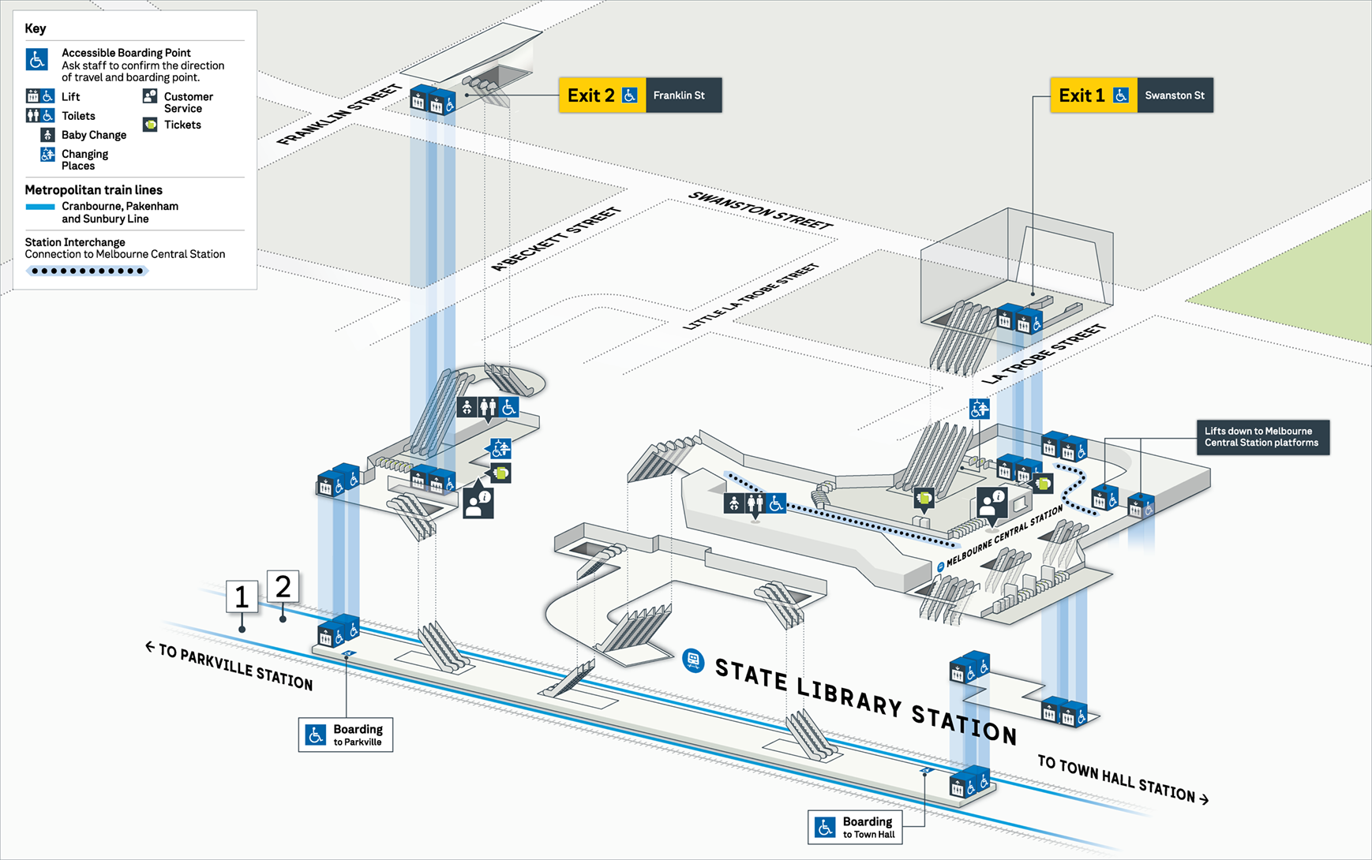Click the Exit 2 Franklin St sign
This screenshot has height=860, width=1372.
tap(639, 95)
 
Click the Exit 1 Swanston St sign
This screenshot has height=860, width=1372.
tap(1130, 95)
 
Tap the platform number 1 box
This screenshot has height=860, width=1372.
tap(242, 597)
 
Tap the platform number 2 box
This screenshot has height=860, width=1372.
tap(283, 587)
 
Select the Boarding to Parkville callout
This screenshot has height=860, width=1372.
tap(346, 735)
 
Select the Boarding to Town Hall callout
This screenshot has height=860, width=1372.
tap(855, 827)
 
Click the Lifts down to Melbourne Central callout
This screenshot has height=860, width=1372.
tap(1262, 437)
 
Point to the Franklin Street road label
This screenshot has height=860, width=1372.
tap(339, 115)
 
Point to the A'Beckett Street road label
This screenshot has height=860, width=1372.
tap(557, 239)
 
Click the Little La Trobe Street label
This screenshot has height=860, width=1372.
tap(751, 297)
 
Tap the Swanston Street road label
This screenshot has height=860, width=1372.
tap(760, 211)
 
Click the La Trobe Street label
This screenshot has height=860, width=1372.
tap(1043, 353)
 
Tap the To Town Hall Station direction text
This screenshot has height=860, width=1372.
tap(1122, 778)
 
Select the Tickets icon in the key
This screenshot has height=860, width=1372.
tap(150, 125)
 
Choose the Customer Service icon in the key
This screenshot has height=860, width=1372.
tap(150, 96)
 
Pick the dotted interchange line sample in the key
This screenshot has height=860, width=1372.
tap(87, 271)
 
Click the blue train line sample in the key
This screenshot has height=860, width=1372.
tap(40, 207)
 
